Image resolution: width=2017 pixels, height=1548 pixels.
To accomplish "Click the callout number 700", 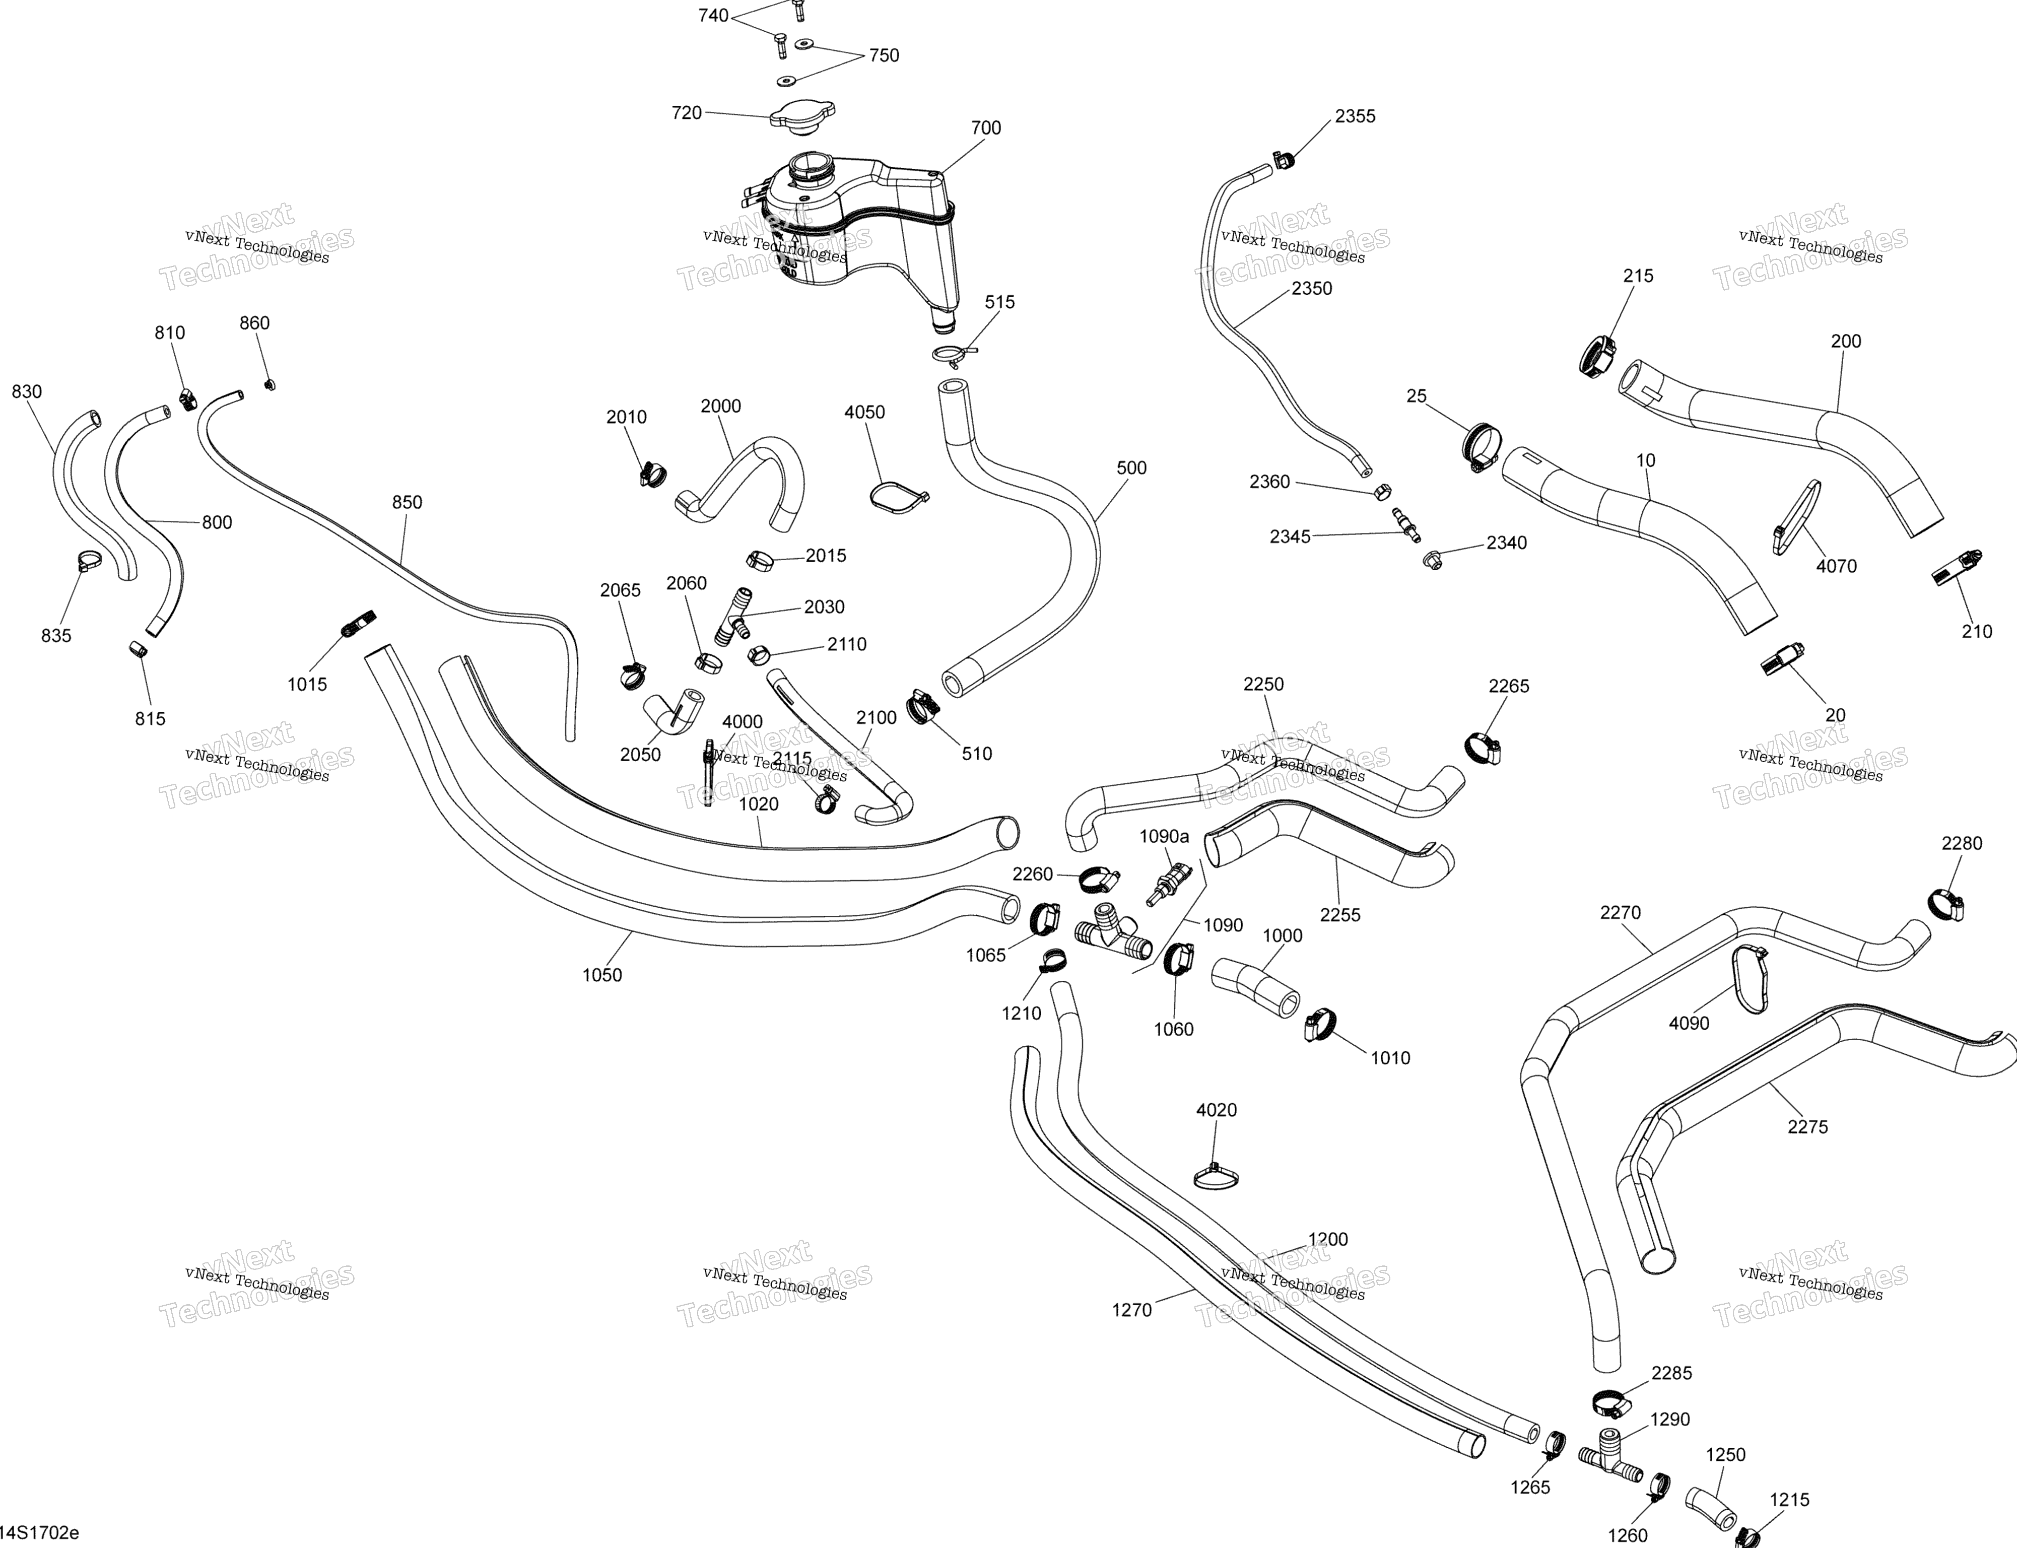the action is [986, 128].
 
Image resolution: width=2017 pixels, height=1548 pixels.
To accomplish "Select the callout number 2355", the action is [1356, 116].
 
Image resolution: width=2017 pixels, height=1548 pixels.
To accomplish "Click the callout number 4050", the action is [864, 412].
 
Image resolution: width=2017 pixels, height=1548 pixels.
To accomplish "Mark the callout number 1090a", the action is [1165, 837].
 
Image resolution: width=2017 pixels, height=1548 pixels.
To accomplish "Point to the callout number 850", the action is [407, 502].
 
